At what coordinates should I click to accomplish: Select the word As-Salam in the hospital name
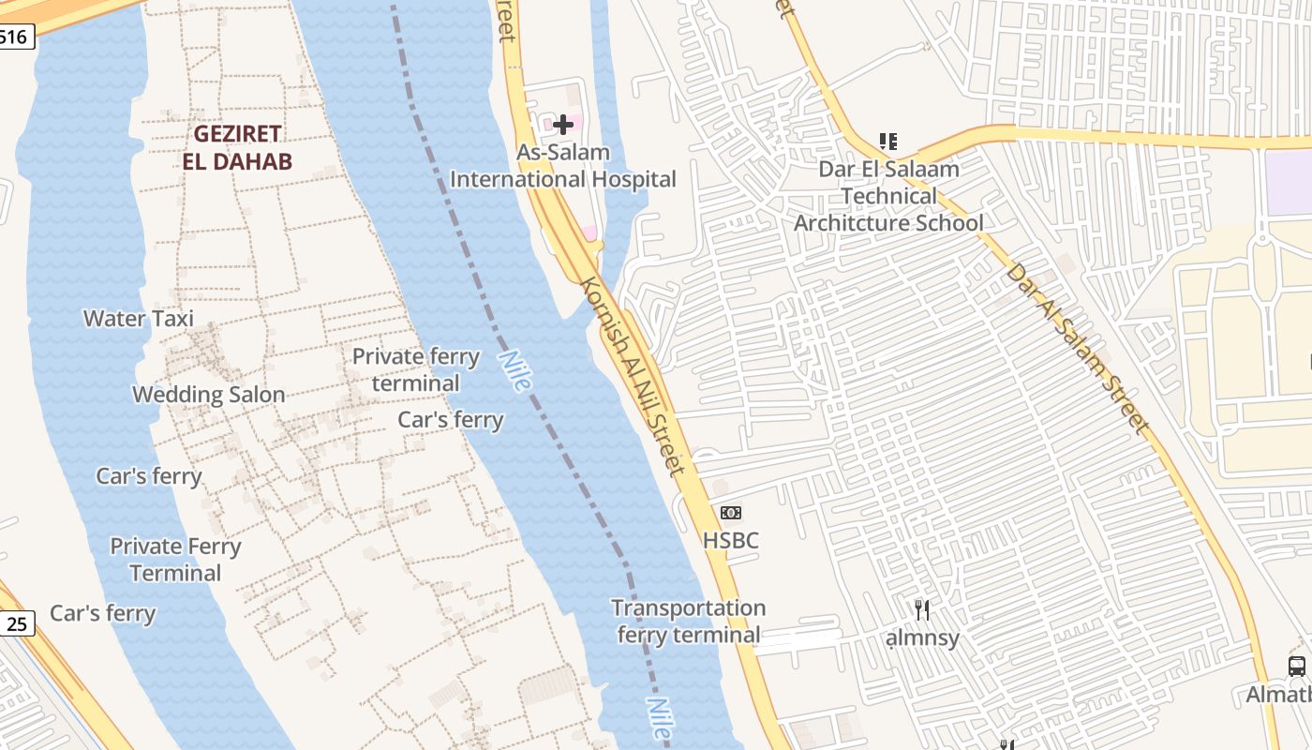(x=563, y=152)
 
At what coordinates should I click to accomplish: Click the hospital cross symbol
(x=563, y=124)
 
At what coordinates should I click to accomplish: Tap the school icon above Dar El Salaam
(x=888, y=142)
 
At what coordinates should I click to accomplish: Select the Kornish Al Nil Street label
(x=633, y=375)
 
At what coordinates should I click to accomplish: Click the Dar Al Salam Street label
(x=1078, y=348)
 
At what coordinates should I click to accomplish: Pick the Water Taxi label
(x=139, y=319)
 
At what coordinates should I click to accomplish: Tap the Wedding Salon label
(x=208, y=395)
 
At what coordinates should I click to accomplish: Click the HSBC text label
(x=731, y=541)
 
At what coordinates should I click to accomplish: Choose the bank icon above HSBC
(x=731, y=513)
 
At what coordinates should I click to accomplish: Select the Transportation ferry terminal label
(x=689, y=622)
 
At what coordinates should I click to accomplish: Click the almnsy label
(x=923, y=638)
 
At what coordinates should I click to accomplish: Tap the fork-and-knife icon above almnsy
(x=923, y=610)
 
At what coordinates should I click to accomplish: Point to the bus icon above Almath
(x=1297, y=667)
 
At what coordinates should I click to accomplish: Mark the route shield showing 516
(x=16, y=37)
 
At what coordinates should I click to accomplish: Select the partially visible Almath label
(x=1278, y=695)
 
